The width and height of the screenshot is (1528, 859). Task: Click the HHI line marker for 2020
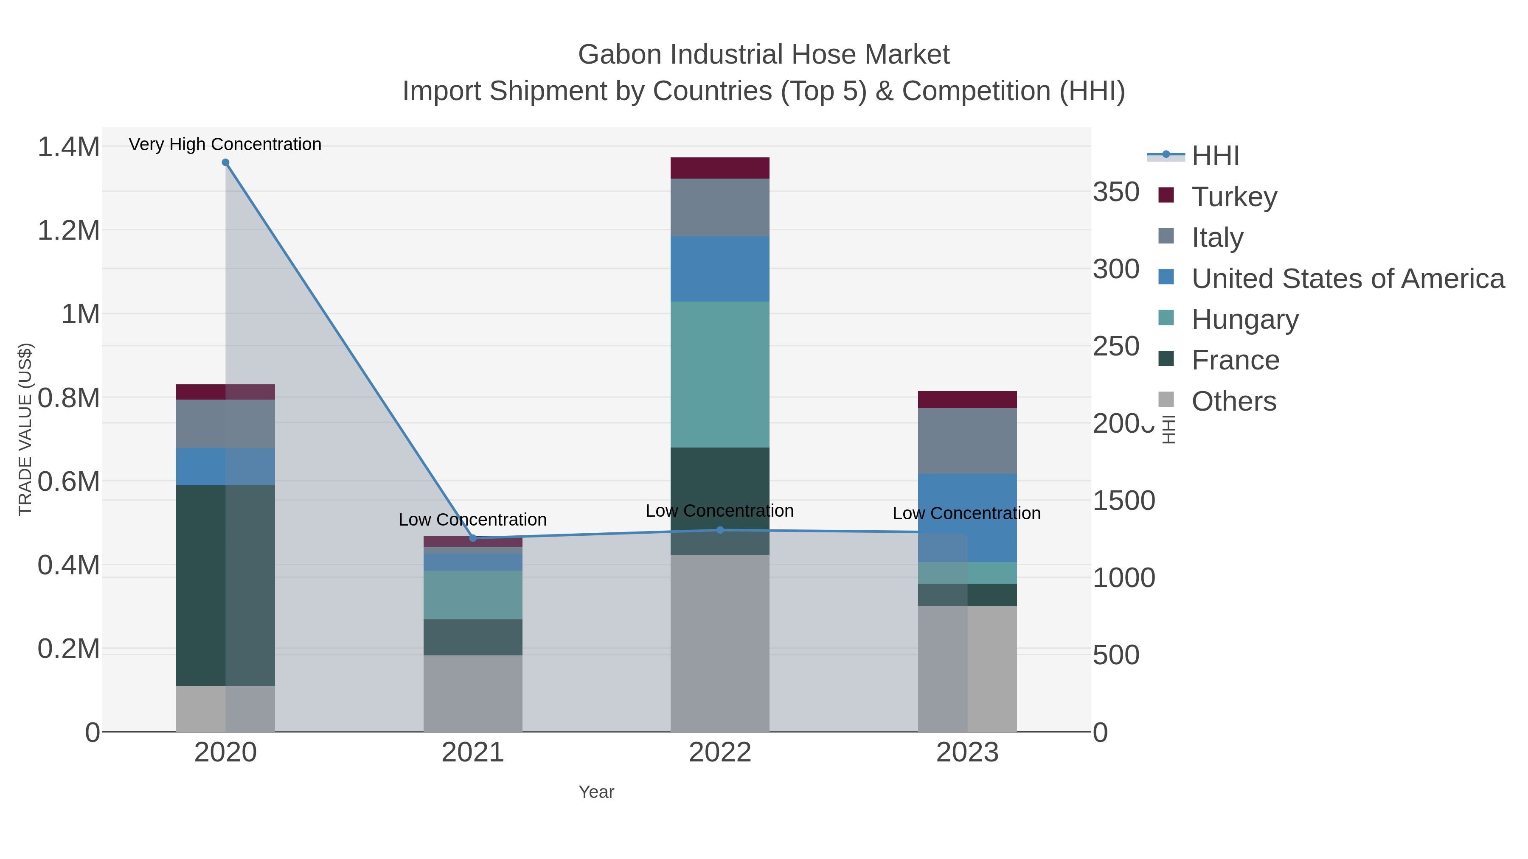225,162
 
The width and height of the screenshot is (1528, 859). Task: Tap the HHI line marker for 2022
720,530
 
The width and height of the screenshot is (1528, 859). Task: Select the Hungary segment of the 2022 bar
720,374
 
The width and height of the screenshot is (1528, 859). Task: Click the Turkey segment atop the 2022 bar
720,168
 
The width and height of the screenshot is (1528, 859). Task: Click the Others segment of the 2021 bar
473,693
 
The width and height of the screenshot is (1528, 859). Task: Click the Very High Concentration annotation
225,144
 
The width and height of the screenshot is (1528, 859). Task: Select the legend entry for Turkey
1234,196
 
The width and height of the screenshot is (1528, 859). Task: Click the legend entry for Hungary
1244,319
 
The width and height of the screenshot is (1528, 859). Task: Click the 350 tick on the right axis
1116,192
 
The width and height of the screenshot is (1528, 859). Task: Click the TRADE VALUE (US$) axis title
25,429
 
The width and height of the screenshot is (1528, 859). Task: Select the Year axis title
596,792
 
